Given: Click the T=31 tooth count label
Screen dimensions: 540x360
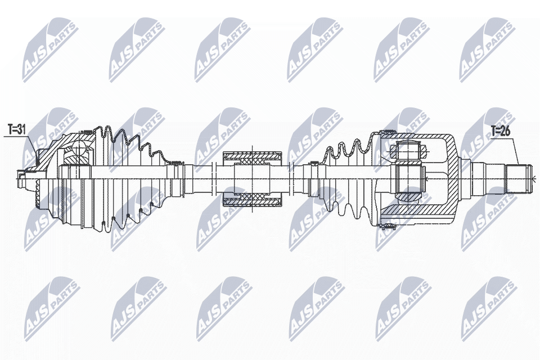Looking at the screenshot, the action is coord(17,129).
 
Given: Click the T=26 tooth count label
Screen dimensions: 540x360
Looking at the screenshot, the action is coord(501,131).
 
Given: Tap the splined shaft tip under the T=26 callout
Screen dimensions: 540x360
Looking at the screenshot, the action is coord(520,178).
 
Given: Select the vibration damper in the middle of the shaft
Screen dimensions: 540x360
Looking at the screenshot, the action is coord(253,178).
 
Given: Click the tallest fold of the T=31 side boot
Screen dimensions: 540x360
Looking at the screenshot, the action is coord(107,178).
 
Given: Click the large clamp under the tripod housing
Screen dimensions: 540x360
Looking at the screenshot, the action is coord(388,226).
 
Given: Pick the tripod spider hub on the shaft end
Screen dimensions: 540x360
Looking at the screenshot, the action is coord(408,178).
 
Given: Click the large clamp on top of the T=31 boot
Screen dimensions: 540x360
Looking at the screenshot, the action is coord(88,131).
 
